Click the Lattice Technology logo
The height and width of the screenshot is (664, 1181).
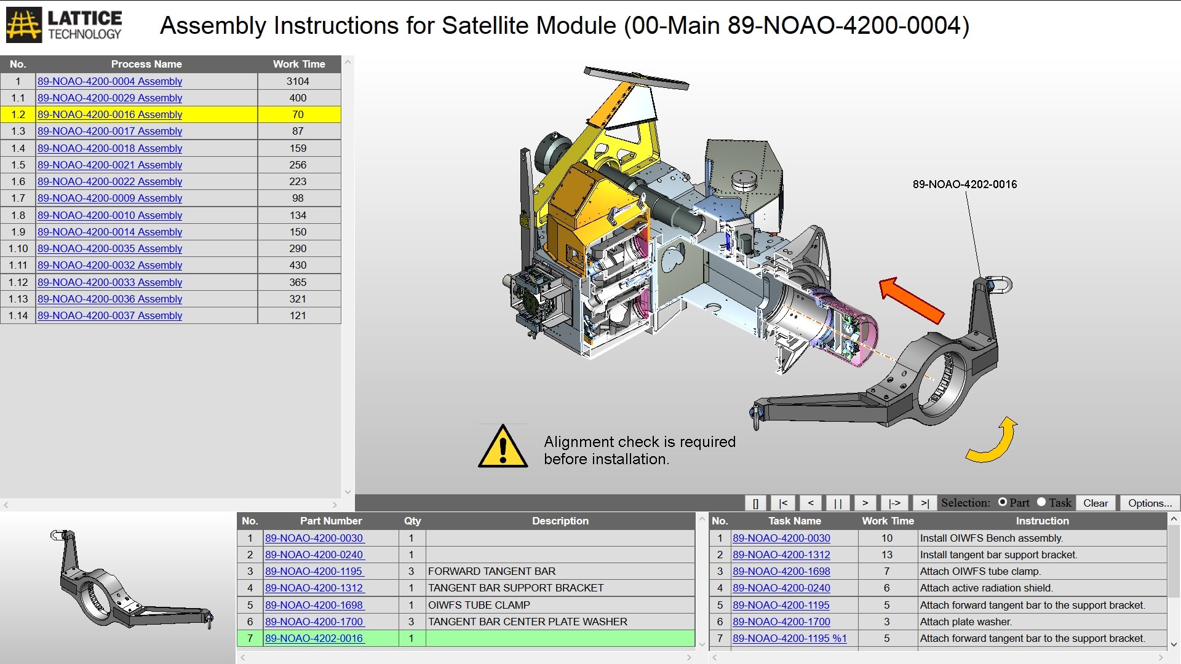pyautogui.click(x=64, y=25)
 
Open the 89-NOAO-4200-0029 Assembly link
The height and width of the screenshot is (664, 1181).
pyautogui.click(x=109, y=98)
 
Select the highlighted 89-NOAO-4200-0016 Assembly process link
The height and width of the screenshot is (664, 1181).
pyautogui.click(x=109, y=114)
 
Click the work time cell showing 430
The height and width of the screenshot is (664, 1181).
pyautogui.click(x=298, y=265)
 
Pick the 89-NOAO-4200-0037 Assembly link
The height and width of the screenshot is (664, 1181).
pyautogui.click(x=109, y=315)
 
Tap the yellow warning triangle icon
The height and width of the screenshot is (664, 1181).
pyautogui.click(x=503, y=447)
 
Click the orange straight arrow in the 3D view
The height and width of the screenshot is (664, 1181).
pyautogui.click(x=912, y=300)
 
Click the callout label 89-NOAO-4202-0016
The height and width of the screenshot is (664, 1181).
pyautogui.click(x=964, y=184)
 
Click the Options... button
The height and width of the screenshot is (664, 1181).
pyautogui.click(x=1150, y=503)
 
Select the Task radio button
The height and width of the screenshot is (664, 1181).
pyautogui.click(x=1041, y=502)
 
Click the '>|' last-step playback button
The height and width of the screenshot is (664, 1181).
pyautogui.click(x=925, y=503)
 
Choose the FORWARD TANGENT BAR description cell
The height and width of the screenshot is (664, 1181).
pyautogui.click(x=491, y=571)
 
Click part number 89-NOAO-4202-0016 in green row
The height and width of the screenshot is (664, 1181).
pyautogui.click(x=314, y=638)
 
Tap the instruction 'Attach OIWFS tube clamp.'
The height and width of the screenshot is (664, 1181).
pyautogui.click(x=980, y=571)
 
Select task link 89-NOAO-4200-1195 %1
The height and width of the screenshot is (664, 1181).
pyautogui.click(x=789, y=638)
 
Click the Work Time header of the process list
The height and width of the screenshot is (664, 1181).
pyautogui.click(x=299, y=64)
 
